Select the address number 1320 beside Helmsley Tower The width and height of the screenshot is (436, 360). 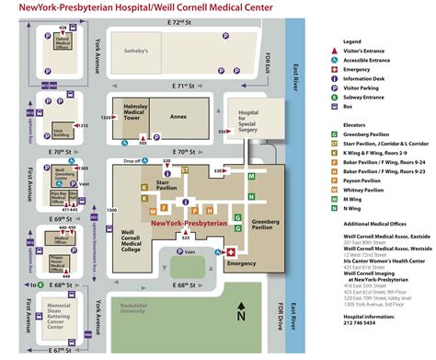pos(105,118)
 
